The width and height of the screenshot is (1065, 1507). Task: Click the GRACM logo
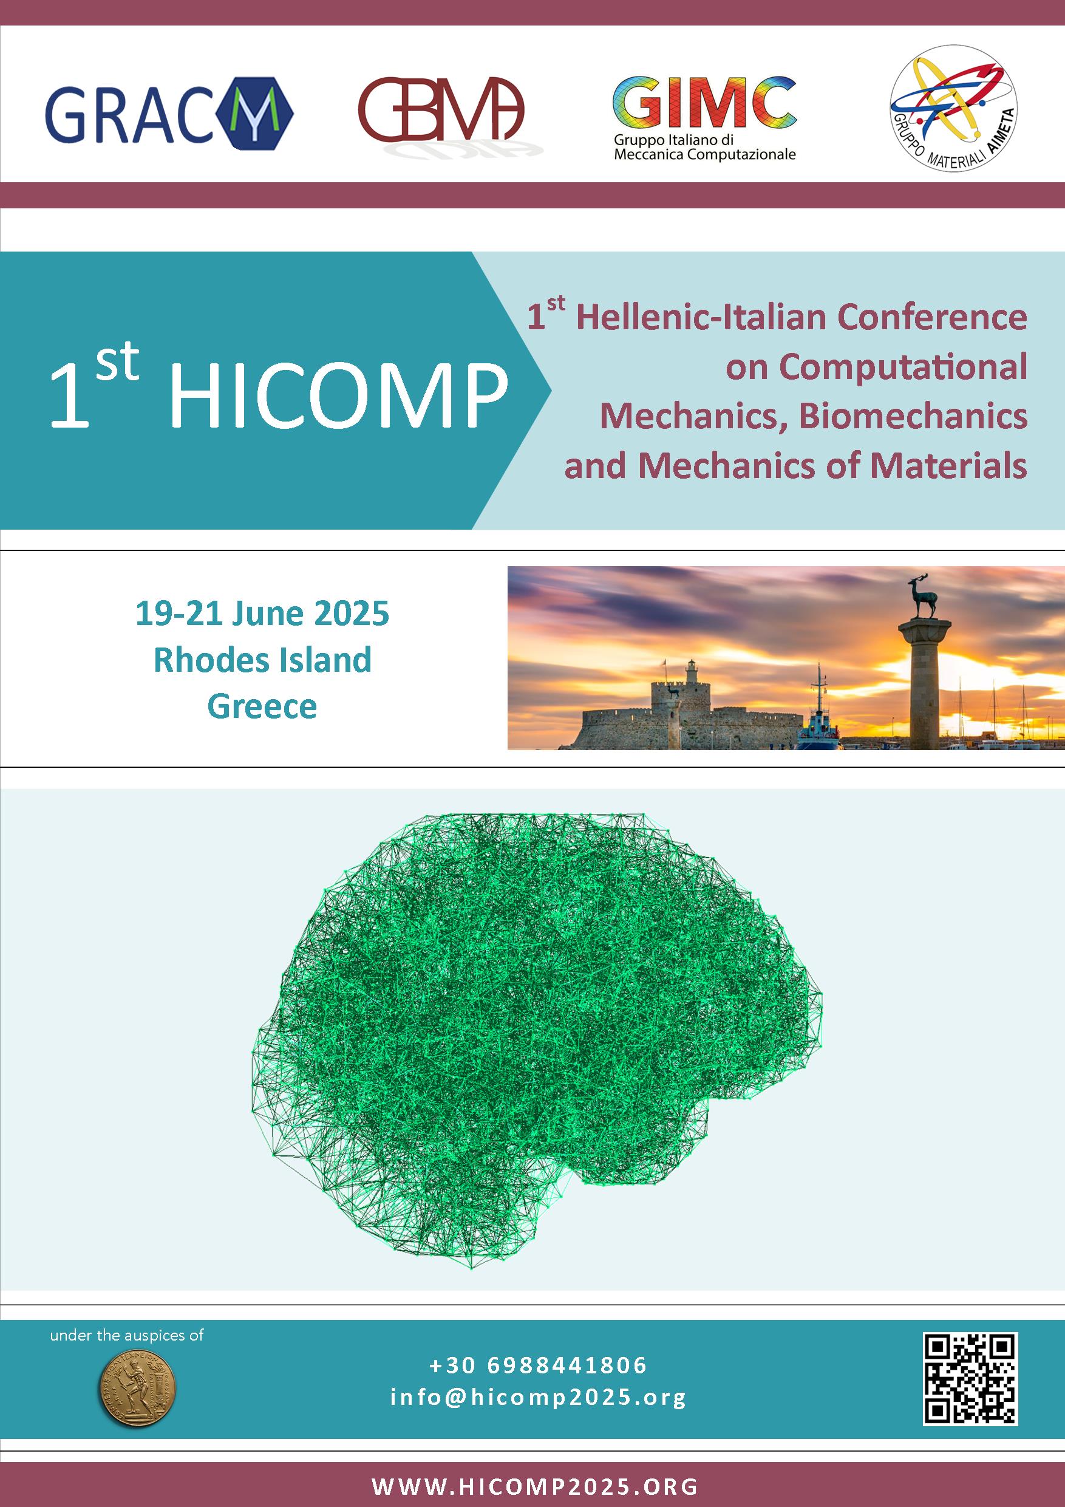(x=169, y=113)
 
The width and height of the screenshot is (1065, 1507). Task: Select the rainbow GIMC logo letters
(x=704, y=103)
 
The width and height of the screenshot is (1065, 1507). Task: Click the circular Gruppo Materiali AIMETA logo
(x=953, y=109)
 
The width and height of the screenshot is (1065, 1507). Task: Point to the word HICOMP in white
(x=339, y=396)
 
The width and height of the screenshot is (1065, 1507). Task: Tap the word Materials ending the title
(x=948, y=465)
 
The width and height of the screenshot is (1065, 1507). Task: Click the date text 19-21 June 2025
(x=262, y=613)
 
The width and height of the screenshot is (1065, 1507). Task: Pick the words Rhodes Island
(x=262, y=660)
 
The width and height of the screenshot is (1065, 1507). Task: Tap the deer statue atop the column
(x=922, y=596)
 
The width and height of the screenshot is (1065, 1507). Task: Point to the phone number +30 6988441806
(x=538, y=1365)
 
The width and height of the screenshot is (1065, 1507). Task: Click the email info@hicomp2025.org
(x=538, y=1396)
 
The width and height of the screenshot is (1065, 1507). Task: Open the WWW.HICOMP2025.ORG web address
(x=535, y=1486)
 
